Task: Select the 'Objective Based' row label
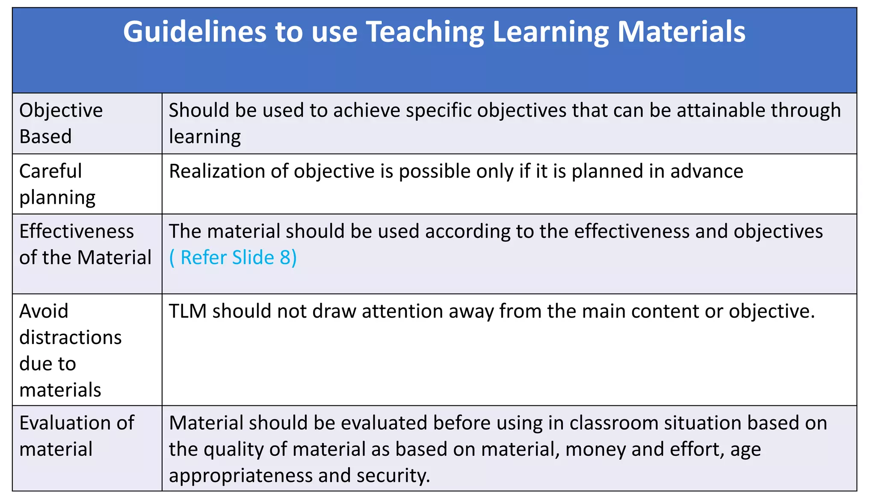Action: tap(61, 123)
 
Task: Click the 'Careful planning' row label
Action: tap(57, 184)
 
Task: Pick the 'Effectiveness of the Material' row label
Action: tap(85, 244)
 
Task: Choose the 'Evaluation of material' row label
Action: tap(77, 436)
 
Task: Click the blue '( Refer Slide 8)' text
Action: tap(233, 258)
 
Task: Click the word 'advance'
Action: tap(707, 171)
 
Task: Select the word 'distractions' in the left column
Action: tap(71, 338)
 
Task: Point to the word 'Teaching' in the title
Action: tap(426, 32)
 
